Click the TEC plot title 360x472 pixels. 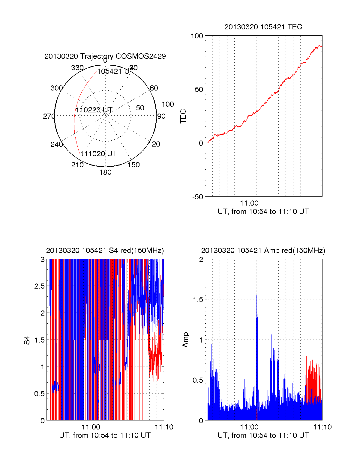pos(263,27)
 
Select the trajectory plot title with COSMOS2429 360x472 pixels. pos(105,56)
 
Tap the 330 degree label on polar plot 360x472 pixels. pos(77,68)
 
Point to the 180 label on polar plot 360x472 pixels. pos(105,172)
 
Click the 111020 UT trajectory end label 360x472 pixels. pos(99,154)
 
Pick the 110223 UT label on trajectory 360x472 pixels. pos(94,110)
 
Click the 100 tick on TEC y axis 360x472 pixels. pos(197,36)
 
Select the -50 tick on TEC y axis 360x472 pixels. pos(198,197)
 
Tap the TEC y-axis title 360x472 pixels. pos(183,116)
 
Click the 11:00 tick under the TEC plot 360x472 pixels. pos(249,203)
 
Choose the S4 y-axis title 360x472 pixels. pos(27,340)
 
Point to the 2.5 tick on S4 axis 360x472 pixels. pos(40,286)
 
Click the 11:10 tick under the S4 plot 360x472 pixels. pos(164,427)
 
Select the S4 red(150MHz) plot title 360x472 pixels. pos(105,251)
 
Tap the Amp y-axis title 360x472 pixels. pos(185,340)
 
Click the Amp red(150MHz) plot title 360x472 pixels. pos(263,251)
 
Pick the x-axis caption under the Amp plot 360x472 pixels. pos(263,435)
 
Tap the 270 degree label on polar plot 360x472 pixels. pos(49,116)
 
